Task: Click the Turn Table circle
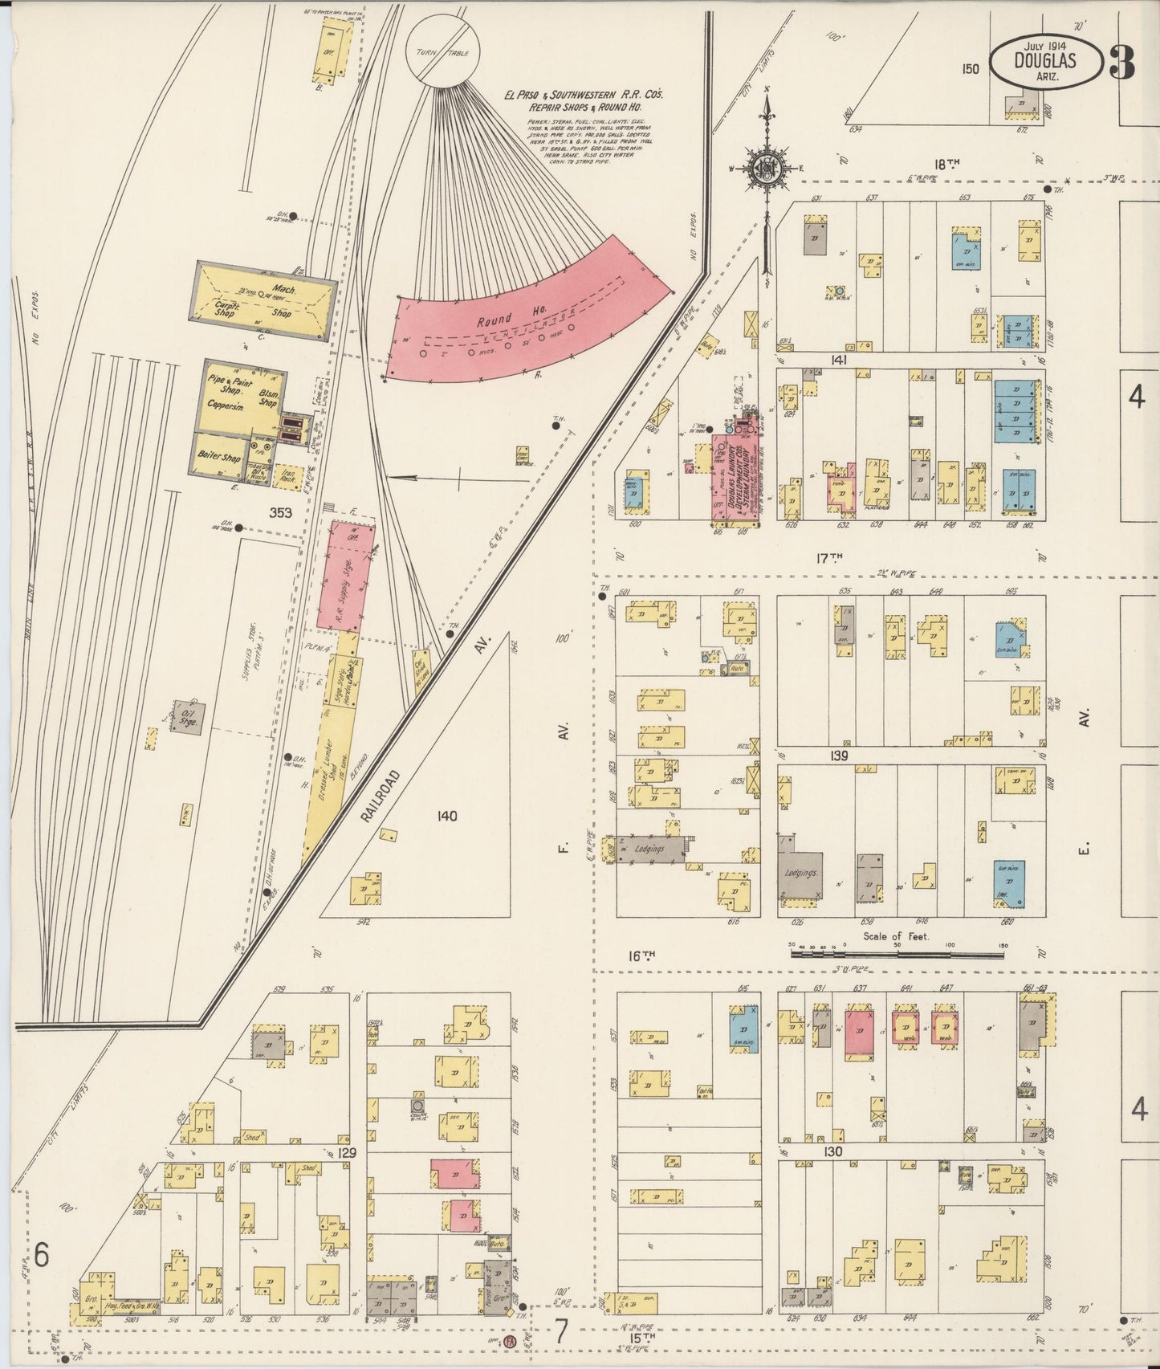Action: pos(442,52)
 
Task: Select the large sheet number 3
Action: pos(1121,61)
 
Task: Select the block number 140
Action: pos(446,817)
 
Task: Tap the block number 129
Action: pos(347,1152)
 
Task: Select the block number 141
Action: pos(840,361)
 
